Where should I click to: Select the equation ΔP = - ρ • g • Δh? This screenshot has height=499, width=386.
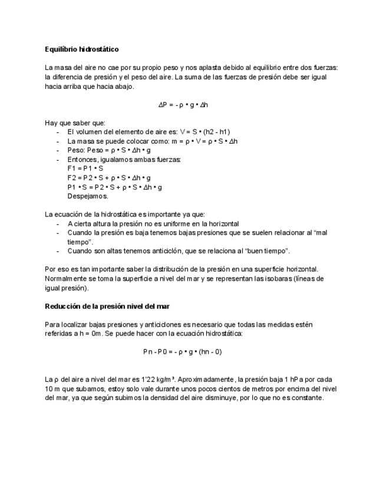click(183, 105)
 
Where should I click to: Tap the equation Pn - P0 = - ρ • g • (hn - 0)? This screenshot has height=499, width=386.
click(182, 352)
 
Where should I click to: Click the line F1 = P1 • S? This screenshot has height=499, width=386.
click(85, 168)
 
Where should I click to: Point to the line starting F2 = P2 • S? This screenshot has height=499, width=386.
click(109, 178)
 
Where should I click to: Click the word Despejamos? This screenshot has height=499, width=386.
click(88, 197)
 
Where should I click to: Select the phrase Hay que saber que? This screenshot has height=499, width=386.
click(75, 123)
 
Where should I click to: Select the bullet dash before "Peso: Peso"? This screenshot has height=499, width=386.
click(58, 150)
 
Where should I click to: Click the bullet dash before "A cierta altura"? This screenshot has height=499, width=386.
click(58, 224)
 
